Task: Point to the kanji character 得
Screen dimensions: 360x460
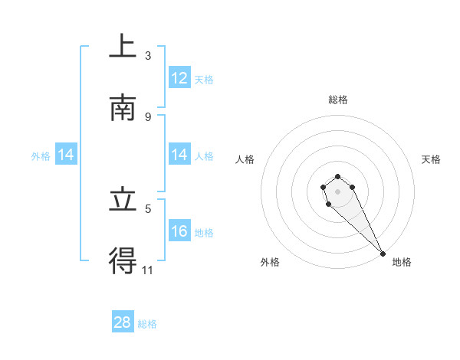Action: [123, 260]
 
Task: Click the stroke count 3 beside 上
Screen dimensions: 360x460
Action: [148, 56]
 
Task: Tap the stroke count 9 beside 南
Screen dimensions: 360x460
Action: [148, 116]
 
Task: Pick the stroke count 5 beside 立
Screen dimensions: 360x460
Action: [148, 208]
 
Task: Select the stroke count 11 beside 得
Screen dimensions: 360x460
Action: [148, 270]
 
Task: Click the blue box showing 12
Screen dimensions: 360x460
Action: [179, 78]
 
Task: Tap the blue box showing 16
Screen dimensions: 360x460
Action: [179, 231]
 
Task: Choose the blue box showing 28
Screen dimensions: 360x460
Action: [123, 322]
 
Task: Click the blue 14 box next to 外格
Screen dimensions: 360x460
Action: [66, 155]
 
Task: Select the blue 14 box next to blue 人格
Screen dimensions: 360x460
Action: [179, 155]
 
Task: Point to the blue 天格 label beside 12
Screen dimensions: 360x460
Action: [204, 79]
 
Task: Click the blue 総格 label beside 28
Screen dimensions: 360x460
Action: [147, 324]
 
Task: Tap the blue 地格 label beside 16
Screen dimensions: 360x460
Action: [204, 232]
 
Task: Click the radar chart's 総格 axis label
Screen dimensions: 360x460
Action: [338, 100]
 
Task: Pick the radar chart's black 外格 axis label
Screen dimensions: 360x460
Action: [270, 262]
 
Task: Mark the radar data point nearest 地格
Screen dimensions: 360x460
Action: [383, 254]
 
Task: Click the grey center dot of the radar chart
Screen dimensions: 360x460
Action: [337, 191]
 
